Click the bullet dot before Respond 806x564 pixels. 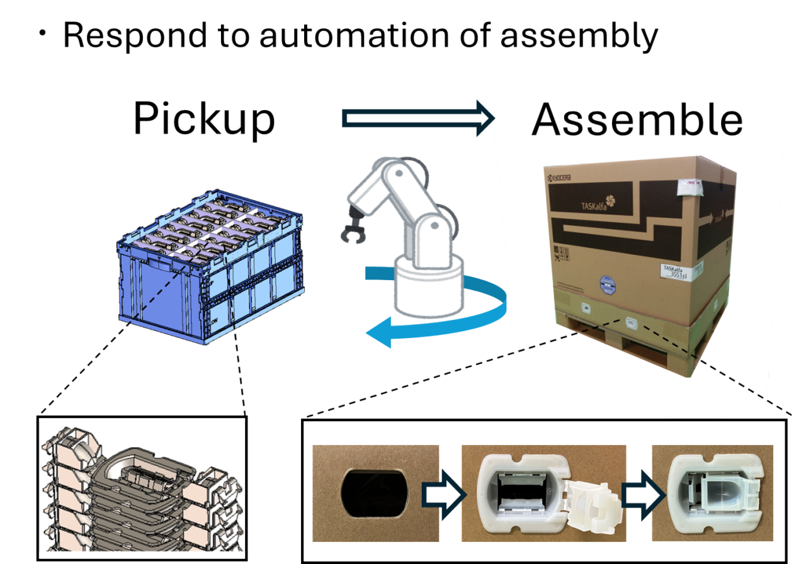pyautogui.click(x=43, y=35)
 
